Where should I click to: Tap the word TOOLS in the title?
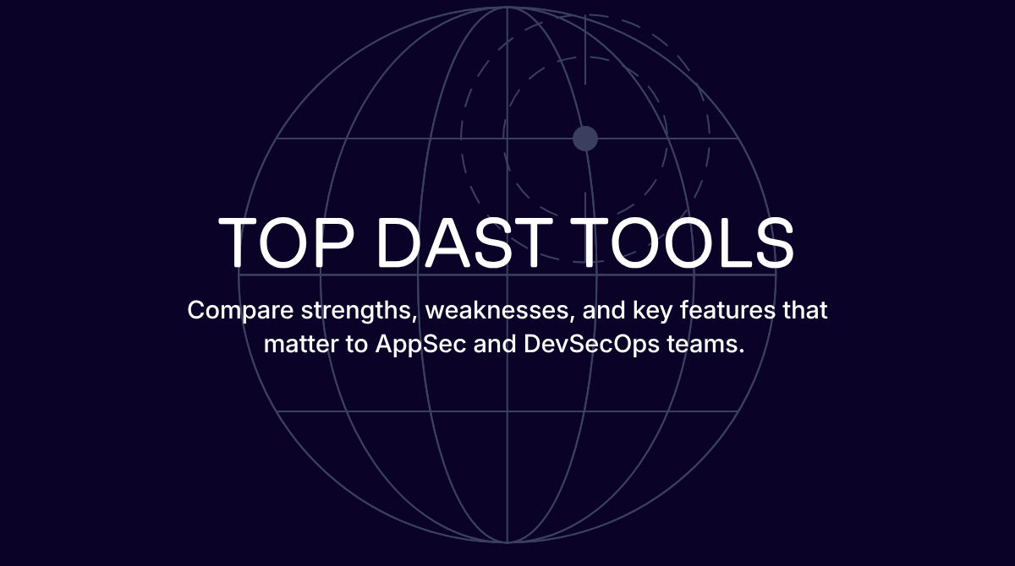click(682, 242)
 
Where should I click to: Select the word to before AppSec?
click(356, 346)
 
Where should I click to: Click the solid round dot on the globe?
click(585, 139)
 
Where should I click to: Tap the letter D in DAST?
click(399, 242)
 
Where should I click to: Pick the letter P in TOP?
click(335, 242)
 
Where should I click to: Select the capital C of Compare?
click(197, 310)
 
